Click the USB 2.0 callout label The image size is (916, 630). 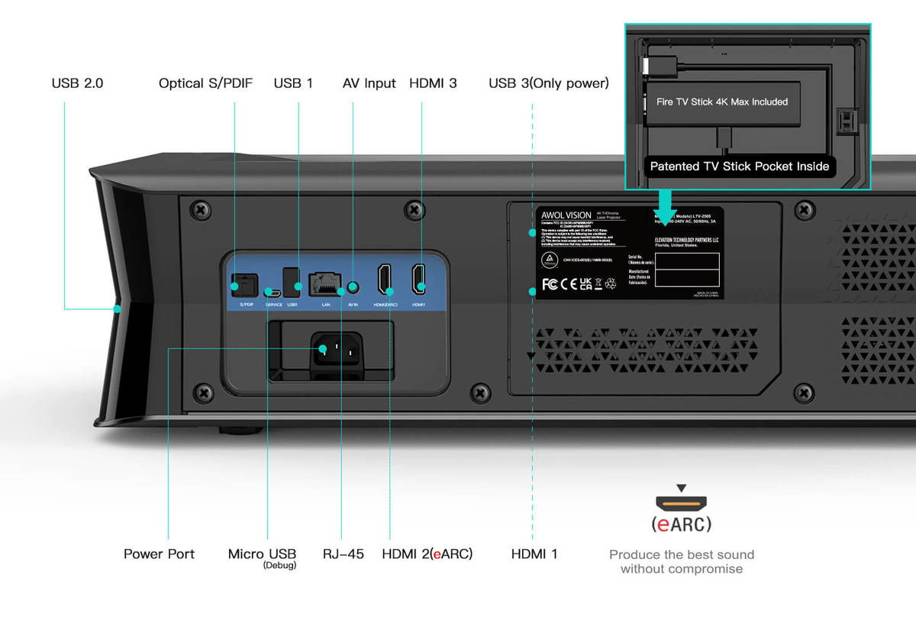(x=77, y=83)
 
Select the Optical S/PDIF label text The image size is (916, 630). (x=205, y=83)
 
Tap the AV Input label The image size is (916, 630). (x=369, y=83)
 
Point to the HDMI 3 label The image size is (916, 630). (x=433, y=83)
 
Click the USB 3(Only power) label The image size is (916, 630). (x=548, y=83)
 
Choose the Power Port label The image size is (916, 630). (x=159, y=554)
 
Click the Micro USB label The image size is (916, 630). (x=262, y=554)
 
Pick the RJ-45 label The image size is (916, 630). (x=343, y=554)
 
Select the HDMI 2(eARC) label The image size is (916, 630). (x=427, y=554)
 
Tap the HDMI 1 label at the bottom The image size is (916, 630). (x=534, y=554)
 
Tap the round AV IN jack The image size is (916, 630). (x=352, y=288)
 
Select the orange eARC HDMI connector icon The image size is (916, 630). (x=681, y=503)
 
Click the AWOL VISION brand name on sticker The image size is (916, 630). (x=566, y=215)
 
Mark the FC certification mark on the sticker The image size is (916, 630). (x=549, y=284)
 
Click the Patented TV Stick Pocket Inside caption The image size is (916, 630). (x=739, y=166)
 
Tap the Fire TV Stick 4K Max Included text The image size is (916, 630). (x=721, y=102)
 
